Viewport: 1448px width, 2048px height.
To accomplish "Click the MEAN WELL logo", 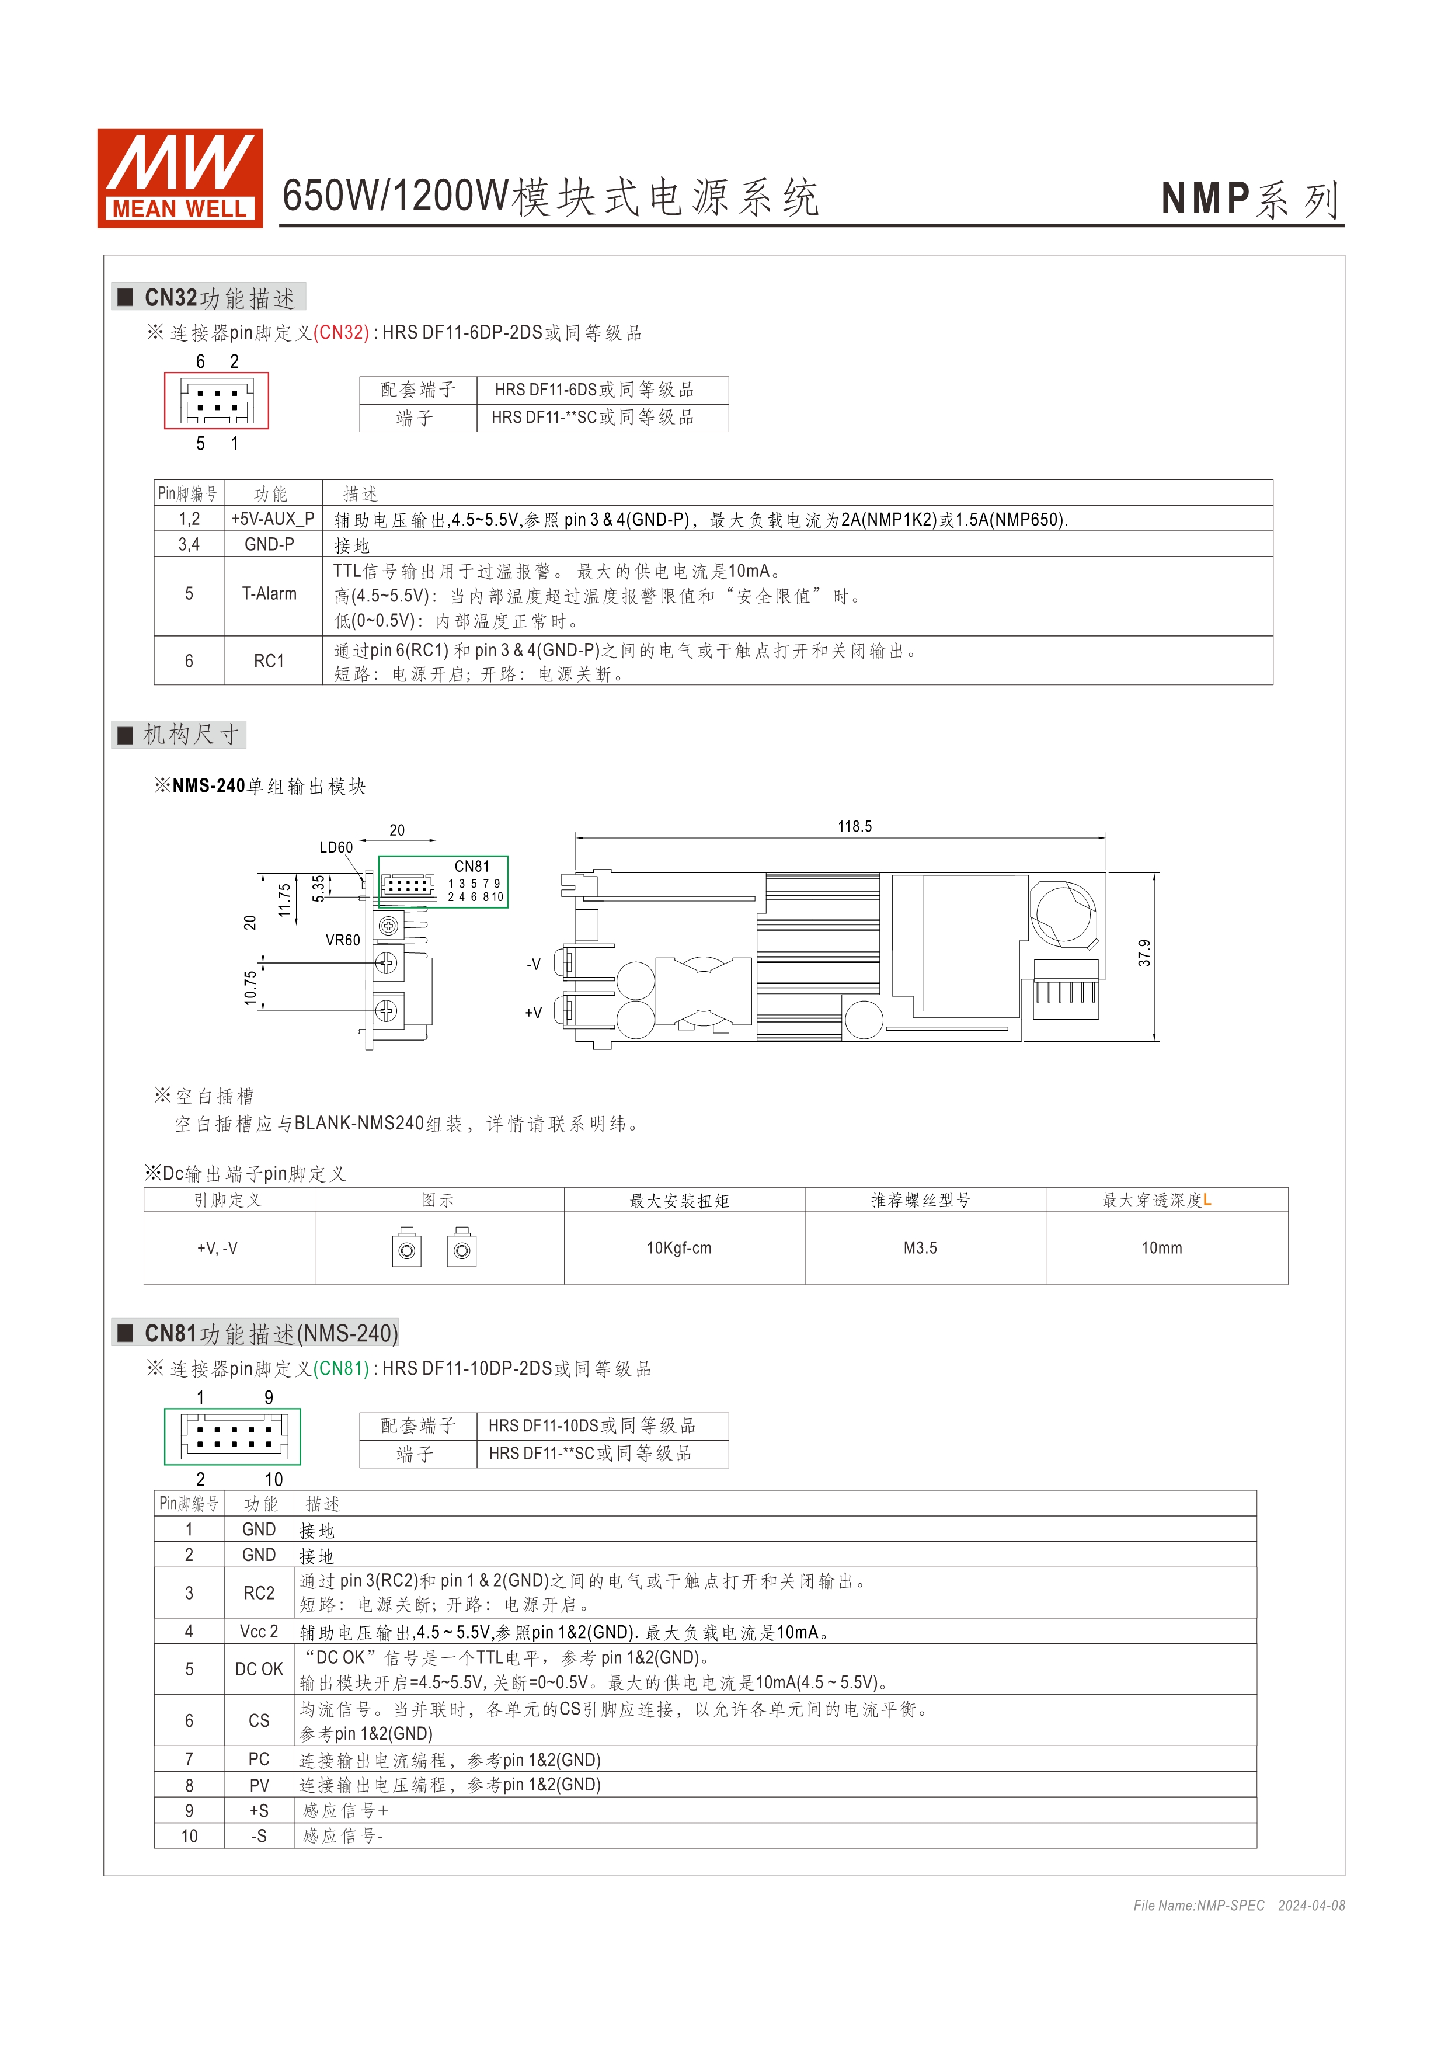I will [179, 178].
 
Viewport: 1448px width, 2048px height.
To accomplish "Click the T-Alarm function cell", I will [269, 594].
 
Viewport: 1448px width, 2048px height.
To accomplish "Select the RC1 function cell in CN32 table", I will [269, 661].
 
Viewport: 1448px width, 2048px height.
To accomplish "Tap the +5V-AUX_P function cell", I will [272, 519].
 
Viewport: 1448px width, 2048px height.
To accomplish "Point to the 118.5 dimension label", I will [854, 827].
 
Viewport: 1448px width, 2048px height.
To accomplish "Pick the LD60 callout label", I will [336, 847].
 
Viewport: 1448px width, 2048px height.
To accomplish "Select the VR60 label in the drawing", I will [342, 940].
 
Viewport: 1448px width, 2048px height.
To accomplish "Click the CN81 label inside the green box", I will [472, 866].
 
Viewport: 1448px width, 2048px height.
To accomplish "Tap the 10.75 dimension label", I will [250, 988].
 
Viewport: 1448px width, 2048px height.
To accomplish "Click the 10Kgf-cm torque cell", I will [680, 1248].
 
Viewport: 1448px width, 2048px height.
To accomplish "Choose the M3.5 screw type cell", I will [920, 1248].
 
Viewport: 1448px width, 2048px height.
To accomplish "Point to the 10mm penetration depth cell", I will [1162, 1248].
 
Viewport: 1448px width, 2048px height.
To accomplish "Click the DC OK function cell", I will [259, 1669].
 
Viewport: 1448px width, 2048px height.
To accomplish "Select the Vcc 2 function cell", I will [259, 1632].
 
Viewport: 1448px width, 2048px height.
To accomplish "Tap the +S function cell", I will [259, 1811].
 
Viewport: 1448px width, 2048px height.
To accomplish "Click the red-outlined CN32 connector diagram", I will [217, 401].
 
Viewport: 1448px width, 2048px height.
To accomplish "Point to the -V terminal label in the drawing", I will [533, 964].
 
